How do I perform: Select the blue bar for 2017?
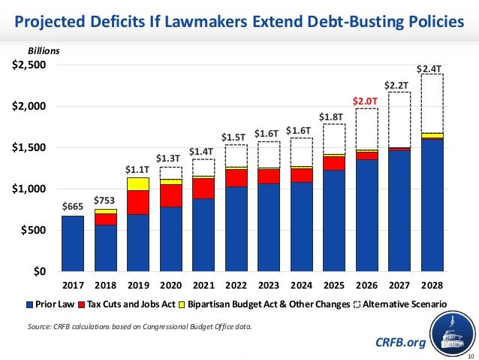[73, 243]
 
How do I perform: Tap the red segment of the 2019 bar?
[138, 202]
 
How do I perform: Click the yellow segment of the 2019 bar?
[138, 183]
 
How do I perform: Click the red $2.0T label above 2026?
[367, 101]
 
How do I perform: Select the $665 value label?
[72, 207]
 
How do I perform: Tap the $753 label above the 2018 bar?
[105, 200]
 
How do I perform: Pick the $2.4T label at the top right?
[432, 68]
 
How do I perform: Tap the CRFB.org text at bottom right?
[399, 342]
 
